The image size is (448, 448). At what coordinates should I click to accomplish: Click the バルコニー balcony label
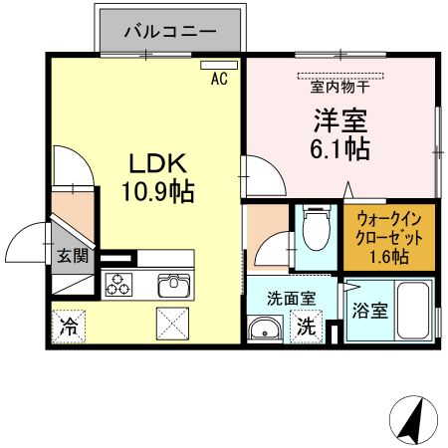point(170,32)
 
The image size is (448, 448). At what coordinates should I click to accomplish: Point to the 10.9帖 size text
point(157,189)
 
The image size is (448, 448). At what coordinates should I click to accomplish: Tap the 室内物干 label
point(340,87)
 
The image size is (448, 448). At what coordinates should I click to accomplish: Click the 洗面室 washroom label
point(291,297)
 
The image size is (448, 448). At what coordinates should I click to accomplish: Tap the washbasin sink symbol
point(265,330)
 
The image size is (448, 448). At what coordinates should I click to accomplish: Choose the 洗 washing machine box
point(307,326)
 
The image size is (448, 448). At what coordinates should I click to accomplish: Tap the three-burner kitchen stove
point(119,286)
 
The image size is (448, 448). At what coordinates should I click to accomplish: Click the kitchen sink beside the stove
point(173,286)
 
